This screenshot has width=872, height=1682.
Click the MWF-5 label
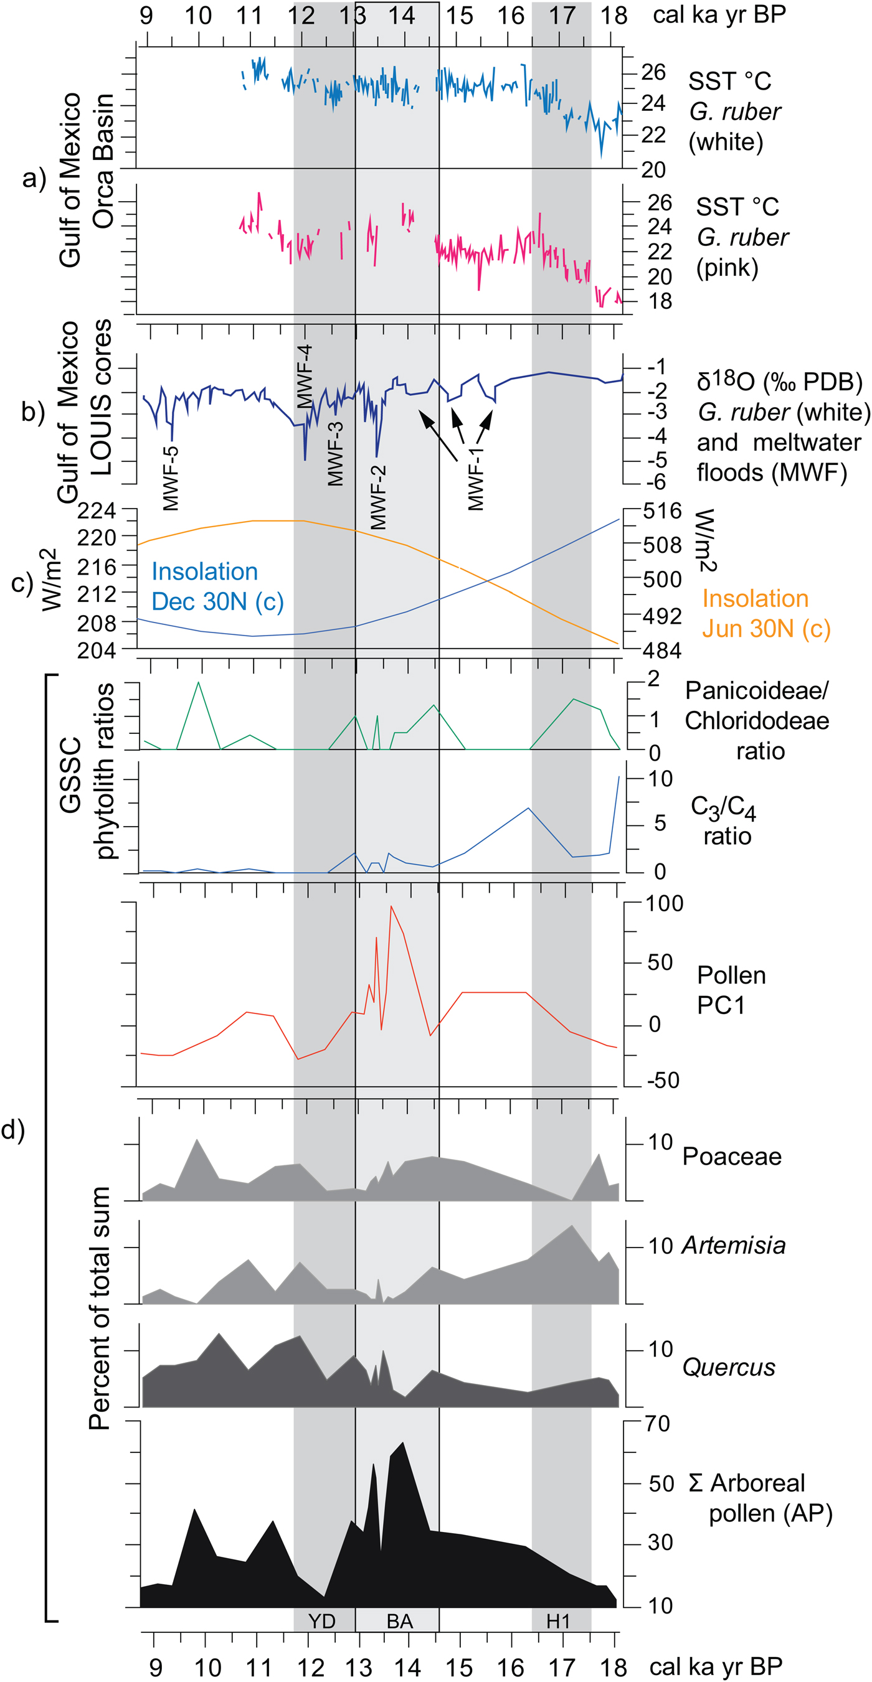170,478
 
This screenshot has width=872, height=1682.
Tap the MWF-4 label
305,377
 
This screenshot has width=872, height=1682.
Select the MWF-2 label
378,497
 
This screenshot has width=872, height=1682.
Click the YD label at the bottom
321,1620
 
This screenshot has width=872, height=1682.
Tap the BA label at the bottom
399,1620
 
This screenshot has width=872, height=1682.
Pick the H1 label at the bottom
558,1620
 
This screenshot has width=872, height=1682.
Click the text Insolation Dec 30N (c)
217,586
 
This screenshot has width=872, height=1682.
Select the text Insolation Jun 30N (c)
765,613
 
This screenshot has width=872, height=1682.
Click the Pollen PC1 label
730,990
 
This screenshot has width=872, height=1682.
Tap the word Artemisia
733,1245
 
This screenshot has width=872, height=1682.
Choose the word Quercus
728,1367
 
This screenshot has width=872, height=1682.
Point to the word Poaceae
732,1157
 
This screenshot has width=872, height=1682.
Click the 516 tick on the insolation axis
661,510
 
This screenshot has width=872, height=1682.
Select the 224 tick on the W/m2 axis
97,510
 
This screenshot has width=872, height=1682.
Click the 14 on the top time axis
401,15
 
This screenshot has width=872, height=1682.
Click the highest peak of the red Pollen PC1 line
391,906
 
